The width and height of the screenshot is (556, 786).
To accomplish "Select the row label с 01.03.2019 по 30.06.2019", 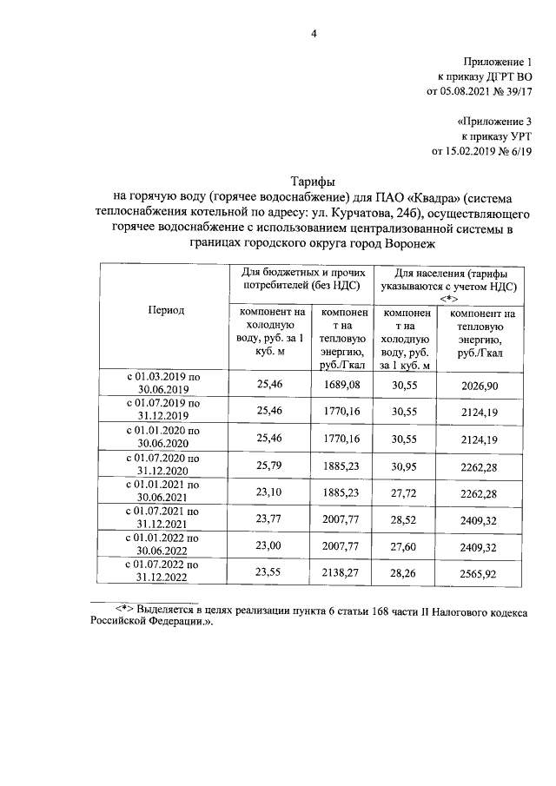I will point(165,383).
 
